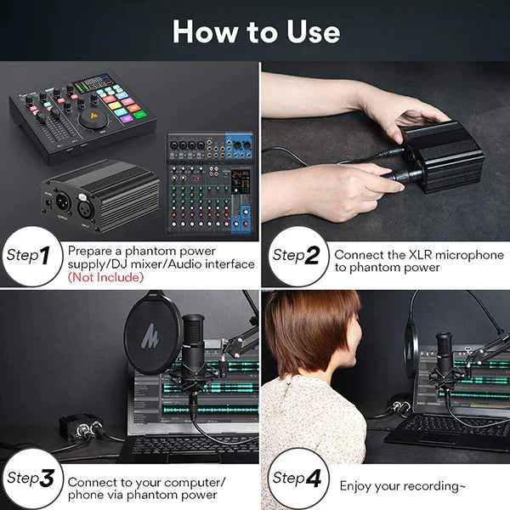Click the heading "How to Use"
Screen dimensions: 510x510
[255, 31]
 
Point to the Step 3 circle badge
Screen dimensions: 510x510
[31, 478]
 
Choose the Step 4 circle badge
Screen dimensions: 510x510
[296, 478]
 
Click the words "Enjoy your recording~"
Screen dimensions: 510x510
[403, 486]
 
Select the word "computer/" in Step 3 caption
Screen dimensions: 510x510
[195, 482]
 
